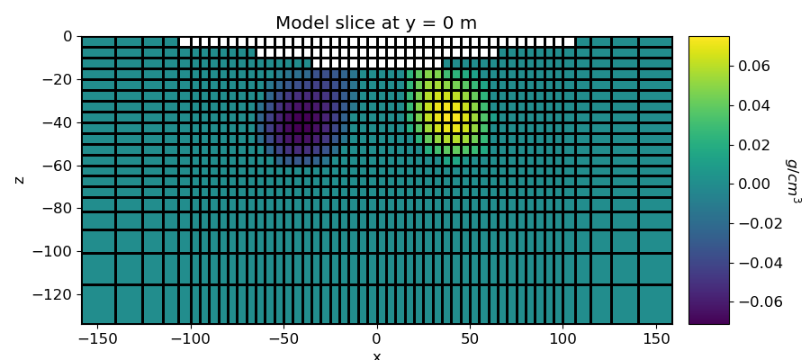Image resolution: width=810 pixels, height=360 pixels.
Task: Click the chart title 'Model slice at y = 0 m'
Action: coord(376,23)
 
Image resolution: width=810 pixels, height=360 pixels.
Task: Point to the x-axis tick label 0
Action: coord(376,339)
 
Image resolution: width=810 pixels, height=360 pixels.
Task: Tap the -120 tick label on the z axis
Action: coord(54,294)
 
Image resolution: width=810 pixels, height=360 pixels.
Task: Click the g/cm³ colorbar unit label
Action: coord(793,180)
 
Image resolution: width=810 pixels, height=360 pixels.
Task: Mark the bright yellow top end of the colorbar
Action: coord(708,40)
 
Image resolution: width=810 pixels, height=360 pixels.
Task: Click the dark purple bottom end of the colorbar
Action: coord(708,319)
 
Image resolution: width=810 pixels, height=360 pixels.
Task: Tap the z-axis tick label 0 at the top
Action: coord(67,37)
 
